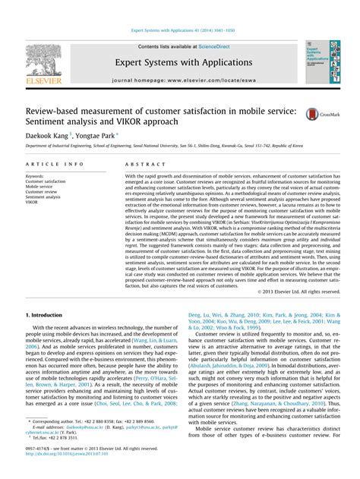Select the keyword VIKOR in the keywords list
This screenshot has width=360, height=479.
33,203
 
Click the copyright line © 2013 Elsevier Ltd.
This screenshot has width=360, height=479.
297,291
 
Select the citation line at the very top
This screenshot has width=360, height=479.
179,31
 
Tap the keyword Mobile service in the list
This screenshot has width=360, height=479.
42,187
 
